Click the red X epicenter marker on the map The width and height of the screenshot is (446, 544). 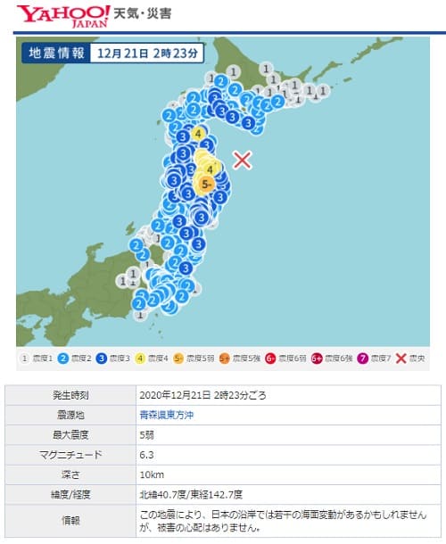tap(243, 160)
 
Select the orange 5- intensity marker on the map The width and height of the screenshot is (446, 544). tap(206, 184)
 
